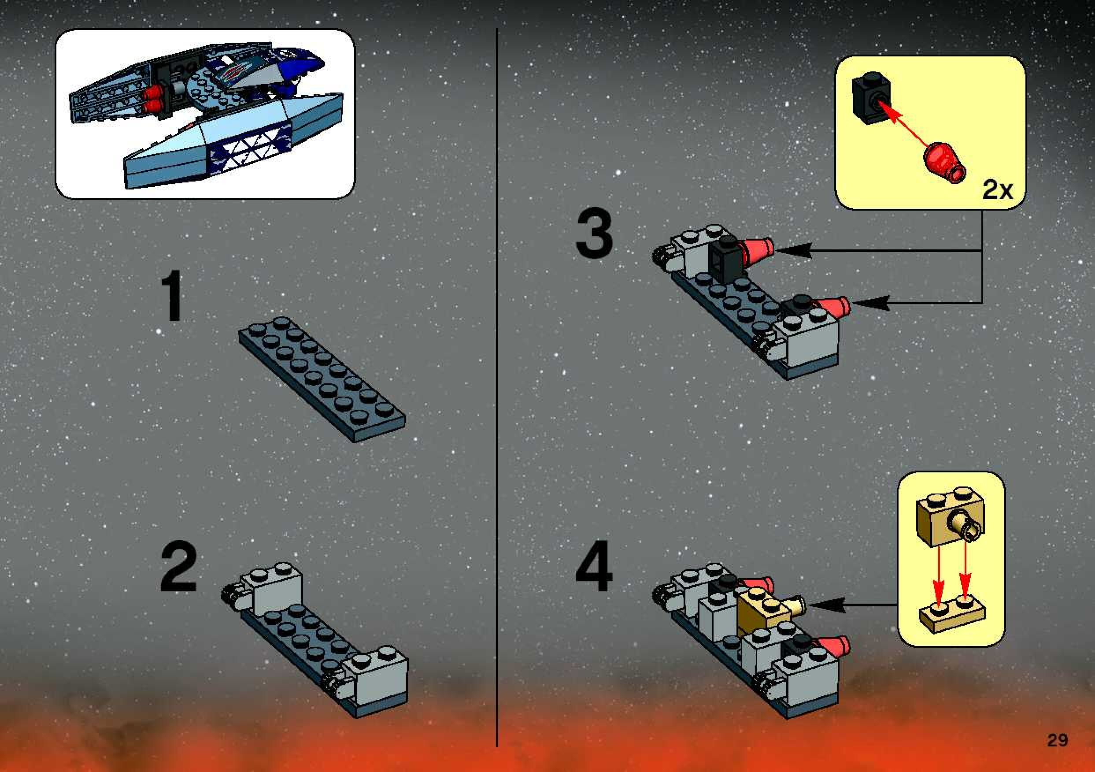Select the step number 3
tap(594, 236)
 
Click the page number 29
tap(1057, 740)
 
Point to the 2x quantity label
tap(997, 190)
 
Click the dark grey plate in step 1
tap(322, 379)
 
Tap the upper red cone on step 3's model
tap(757, 250)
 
